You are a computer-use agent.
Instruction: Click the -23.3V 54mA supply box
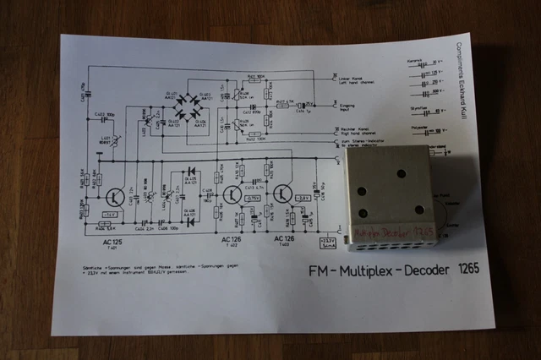(328, 241)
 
